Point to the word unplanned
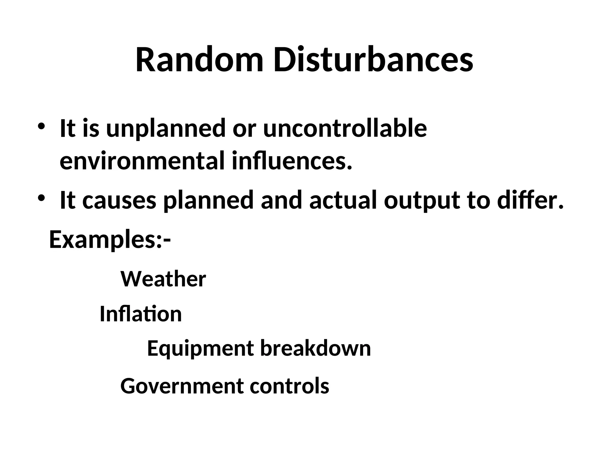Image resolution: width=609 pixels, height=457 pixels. [x=166, y=129]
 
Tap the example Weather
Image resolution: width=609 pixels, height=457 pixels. [x=163, y=279]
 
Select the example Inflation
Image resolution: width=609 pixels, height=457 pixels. [x=141, y=314]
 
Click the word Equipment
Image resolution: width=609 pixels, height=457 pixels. [x=200, y=349]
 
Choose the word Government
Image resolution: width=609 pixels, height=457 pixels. [x=181, y=386]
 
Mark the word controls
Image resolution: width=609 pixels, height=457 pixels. [x=289, y=386]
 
